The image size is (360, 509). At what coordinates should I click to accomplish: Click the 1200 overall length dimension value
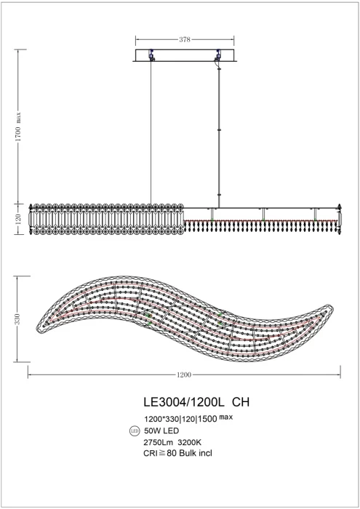[184, 374]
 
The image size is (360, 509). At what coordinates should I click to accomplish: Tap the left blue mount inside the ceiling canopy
[151, 55]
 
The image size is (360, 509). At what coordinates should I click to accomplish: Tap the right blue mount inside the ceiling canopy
[217, 55]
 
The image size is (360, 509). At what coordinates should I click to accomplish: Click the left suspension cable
[151, 131]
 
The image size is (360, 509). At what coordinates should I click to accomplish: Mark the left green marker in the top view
[149, 314]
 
